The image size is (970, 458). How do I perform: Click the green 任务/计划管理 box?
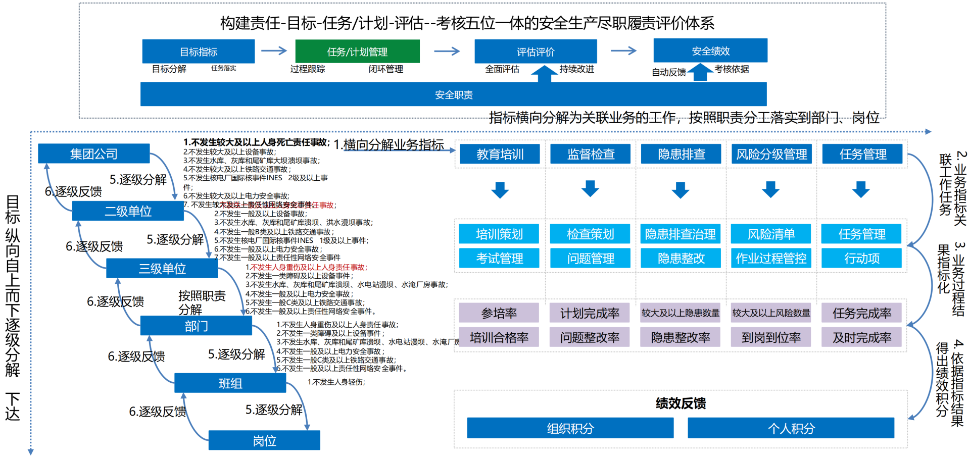click(x=357, y=52)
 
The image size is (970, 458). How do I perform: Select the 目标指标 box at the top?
click(x=198, y=52)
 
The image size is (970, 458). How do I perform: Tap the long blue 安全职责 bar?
click(x=453, y=94)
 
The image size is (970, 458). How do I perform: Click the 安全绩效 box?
click(x=710, y=50)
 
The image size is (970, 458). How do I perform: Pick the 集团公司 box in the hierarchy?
click(x=93, y=154)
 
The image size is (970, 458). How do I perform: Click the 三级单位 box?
click(x=162, y=268)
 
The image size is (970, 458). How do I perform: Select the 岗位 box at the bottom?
click(x=264, y=440)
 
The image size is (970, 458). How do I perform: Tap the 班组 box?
click(x=230, y=383)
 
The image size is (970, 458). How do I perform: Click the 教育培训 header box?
click(x=500, y=154)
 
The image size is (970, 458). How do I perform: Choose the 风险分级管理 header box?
click(x=771, y=154)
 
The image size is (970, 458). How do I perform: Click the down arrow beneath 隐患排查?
click(x=681, y=190)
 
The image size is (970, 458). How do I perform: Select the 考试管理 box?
click(x=499, y=258)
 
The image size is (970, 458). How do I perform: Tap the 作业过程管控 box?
click(x=770, y=258)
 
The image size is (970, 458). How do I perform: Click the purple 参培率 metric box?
click(x=499, y=313)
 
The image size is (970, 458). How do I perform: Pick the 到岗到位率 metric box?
click(x=770, y=337)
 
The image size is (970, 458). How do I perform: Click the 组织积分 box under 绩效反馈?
click(x=570, y=428)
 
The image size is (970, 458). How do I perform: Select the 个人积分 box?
click(x=791, y=428)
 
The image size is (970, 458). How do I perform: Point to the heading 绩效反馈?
click(x=680, y=403)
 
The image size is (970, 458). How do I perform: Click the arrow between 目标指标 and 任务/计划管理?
click(x=274, y=50)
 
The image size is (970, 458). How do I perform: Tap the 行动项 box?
click(x=861, y=258)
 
